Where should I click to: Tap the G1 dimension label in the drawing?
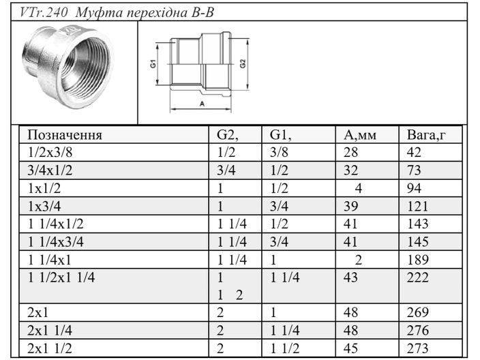click(x=154, y=65)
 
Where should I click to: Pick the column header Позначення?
click(x=65, y=134)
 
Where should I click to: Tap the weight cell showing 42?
click(x=414, y=152)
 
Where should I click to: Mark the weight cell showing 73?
click(x=414, y=170)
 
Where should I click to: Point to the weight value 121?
click(x=417, y=205)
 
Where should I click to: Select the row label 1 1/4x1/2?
click(x=55, y=223)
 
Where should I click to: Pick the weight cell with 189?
click(x=417, y=258)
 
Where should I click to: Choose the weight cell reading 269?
click(x=417, y=312)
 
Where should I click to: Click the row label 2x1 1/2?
click(x=50, y=348)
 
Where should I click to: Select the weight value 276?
click(x=417, y=330)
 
